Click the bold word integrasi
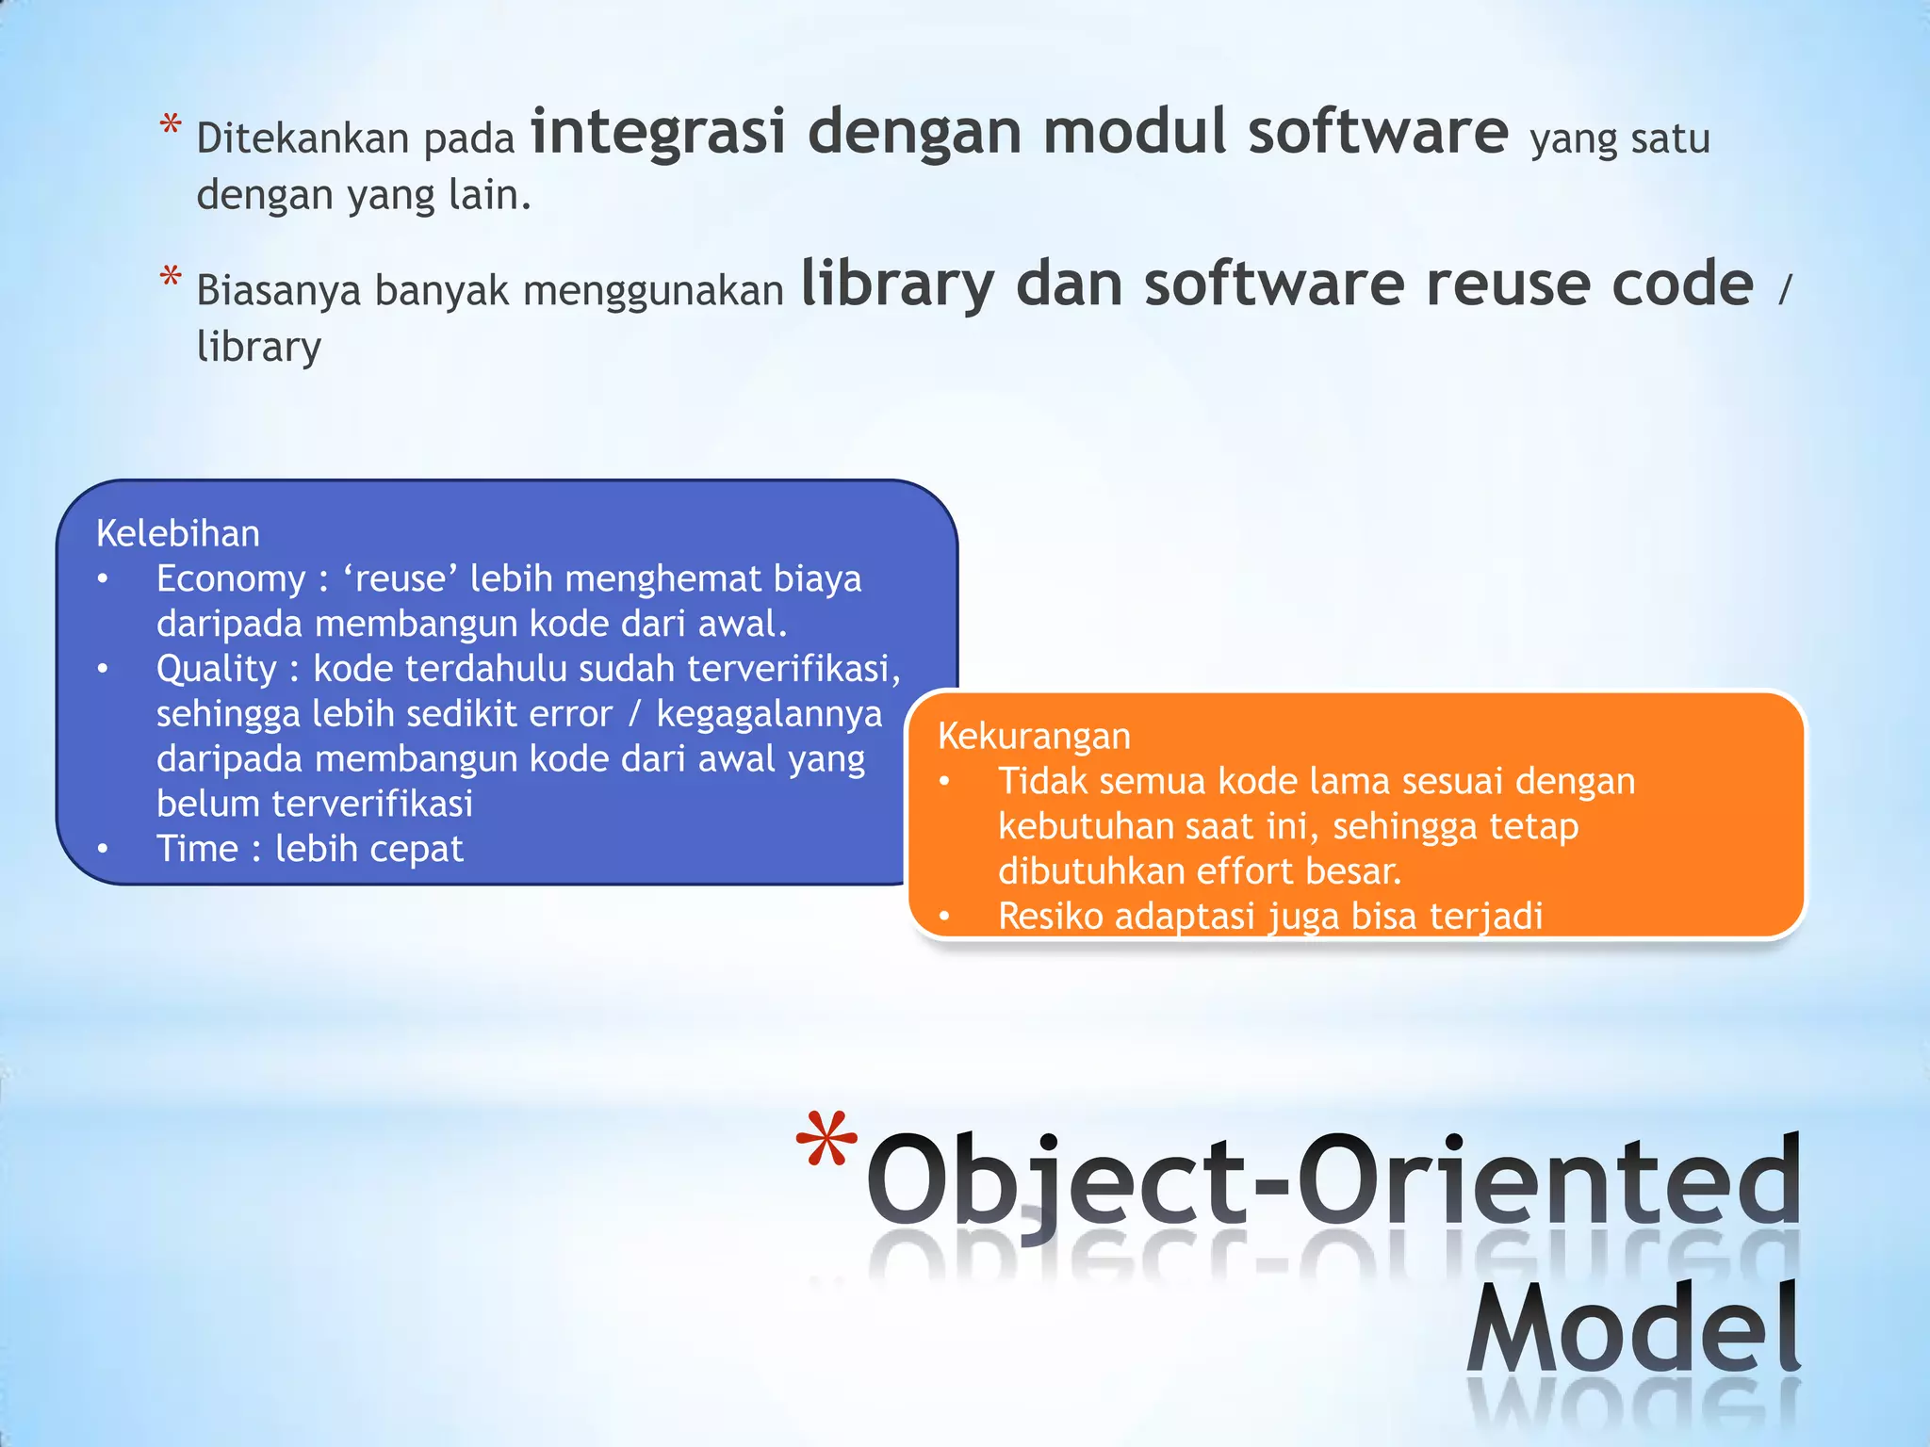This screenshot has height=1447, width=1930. point(657,132)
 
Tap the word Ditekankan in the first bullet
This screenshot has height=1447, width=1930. point(303,139)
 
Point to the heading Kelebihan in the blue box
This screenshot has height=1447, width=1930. point(178,534)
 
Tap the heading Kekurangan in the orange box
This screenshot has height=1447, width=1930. point(1034,736)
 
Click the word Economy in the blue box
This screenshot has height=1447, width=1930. point(231,578)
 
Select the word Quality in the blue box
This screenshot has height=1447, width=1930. point(217,669)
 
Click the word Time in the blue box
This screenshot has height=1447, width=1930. point(197,849)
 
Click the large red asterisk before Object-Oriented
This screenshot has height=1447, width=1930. point(826,1142)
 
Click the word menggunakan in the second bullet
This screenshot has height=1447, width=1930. point(653,291)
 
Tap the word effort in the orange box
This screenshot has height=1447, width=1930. point(1239,871)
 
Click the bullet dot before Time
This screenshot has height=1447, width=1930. point(103,849)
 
